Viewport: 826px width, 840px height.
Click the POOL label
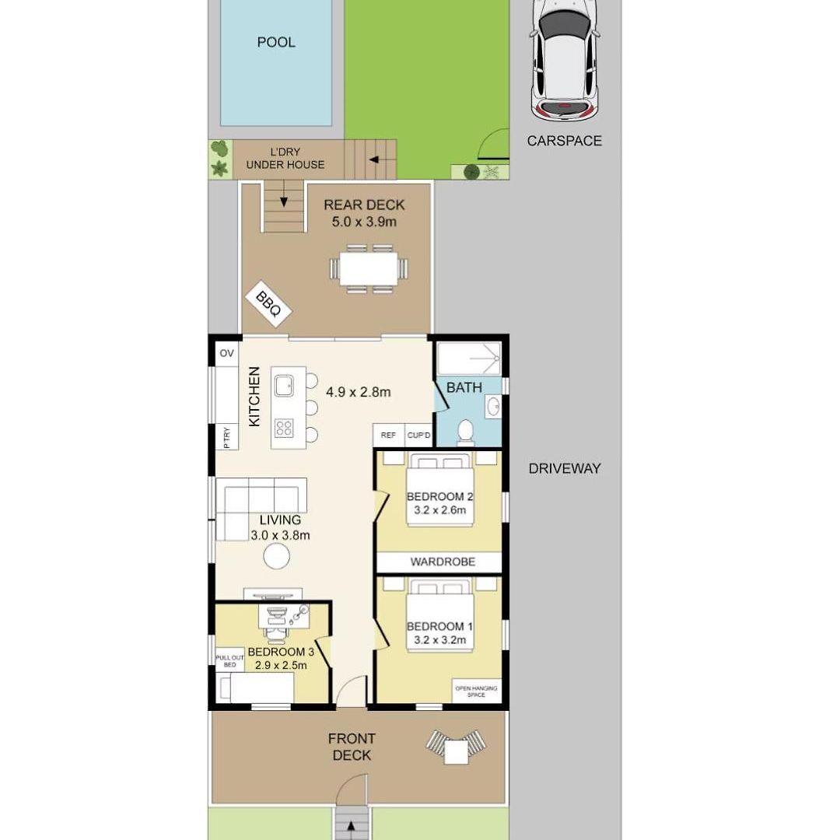click(276, 42)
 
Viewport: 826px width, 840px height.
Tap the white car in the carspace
click(564, 60)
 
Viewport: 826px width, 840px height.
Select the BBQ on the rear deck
click(268, 304)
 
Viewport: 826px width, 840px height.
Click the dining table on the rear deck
click(369, 268)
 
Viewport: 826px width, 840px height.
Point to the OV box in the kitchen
click(226, 354)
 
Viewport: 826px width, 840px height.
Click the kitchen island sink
click(284, 385)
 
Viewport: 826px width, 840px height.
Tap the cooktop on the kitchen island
click(284, 428)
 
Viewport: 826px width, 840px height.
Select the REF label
click(388, 435)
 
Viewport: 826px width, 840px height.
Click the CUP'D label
click(418, 435)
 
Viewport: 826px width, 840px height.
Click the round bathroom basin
click(493, 407)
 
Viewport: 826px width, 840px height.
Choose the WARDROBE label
click(443, 562)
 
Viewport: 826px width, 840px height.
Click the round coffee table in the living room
click(277, 556)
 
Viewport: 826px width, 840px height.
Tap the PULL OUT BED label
click(229, 661)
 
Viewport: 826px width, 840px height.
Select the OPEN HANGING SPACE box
click(476, 691)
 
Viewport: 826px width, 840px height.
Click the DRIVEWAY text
click(564, 469)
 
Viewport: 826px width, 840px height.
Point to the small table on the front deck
click(456, 751)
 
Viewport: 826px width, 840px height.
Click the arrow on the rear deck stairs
click(284, 194)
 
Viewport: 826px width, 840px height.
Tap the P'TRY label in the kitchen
click(226, 438)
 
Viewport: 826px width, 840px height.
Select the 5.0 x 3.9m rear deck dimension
click(364, 222)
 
